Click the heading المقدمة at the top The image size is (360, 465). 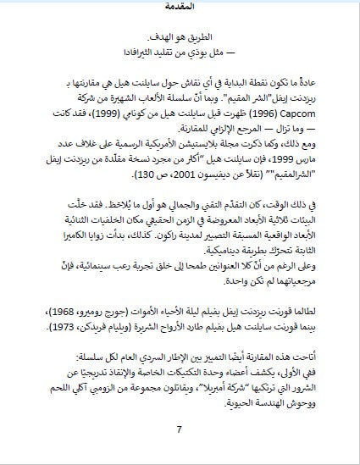tap(179, 7)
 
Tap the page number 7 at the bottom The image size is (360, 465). tap(179, 429)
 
